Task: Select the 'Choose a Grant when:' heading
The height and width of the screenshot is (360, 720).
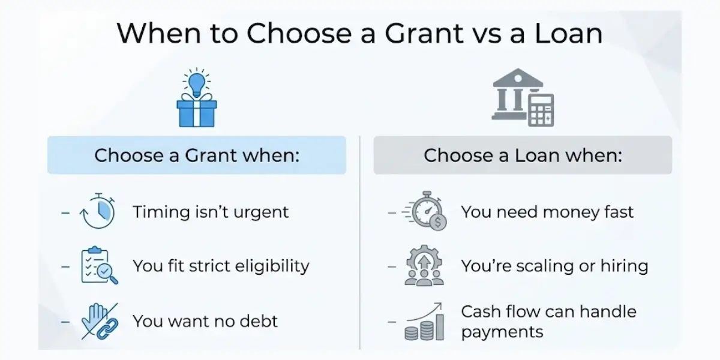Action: pyautogui.click(x=197, y=155)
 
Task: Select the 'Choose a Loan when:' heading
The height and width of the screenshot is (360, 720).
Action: pyautogui.click(x=523, y=155)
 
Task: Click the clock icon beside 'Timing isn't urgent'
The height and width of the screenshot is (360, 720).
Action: pyautogui.click(x=98, y=212)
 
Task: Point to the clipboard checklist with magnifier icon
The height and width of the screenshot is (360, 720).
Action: pyautogui.click(x=99, y=265)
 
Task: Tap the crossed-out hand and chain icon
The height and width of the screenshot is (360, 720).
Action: pyautogui.click(x=99, y=320)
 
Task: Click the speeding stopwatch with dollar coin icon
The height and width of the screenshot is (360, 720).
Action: pyautogui.click(x=424, y=211)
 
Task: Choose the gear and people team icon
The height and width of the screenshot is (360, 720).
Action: pyautogui.click(x=424, y=265)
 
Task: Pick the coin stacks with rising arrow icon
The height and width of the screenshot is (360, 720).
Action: pyautogui.click(x=424, y=321)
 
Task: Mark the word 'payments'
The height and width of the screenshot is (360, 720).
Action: pyautogui.click(x=502, y=332)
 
